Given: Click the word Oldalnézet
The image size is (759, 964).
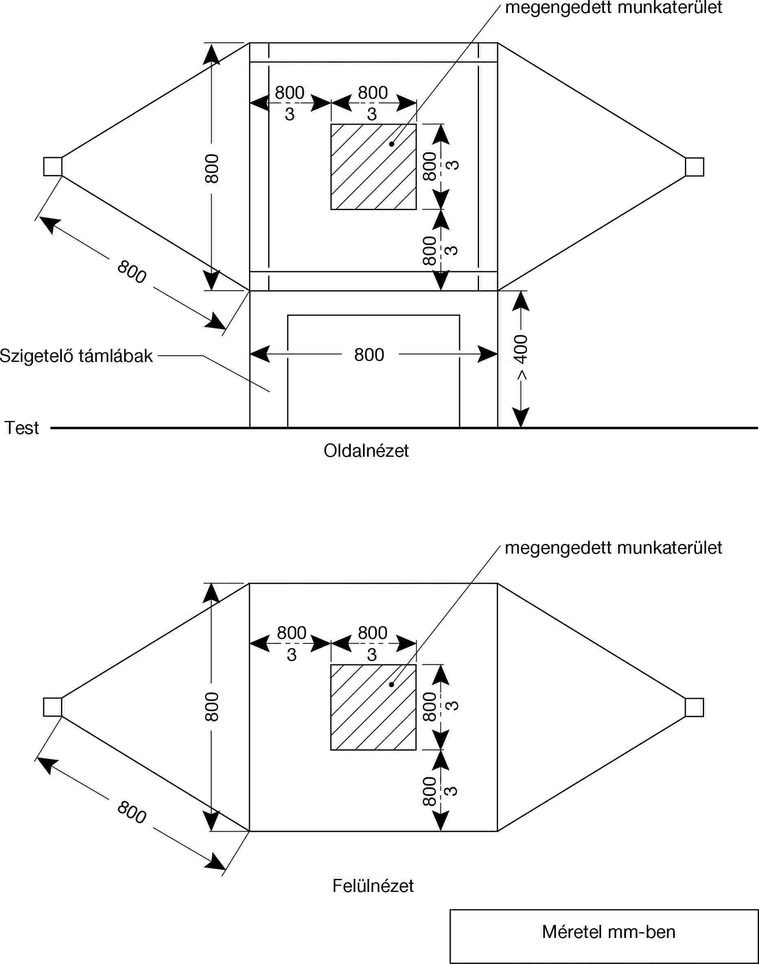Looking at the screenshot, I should tap(366, 451).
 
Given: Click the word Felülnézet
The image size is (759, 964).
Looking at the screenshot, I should tap(373, 886).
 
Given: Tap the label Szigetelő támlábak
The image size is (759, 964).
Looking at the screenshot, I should tap(77, 356).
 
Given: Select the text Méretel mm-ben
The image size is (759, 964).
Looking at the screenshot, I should tap(608, 932).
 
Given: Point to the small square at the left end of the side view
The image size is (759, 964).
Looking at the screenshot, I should tap(52, 167).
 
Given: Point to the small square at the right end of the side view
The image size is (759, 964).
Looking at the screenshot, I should tap(694, 167).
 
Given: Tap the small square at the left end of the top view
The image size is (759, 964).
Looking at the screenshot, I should tap(52, 707).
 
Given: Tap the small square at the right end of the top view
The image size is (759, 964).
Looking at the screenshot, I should tap(694, 707).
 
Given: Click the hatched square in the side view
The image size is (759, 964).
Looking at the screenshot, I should tap(373, 167).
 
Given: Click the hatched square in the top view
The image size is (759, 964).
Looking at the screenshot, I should tap(373, 707).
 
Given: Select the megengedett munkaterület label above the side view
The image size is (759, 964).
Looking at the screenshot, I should tap(613, 8).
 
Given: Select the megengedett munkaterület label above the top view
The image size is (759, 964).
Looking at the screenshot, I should tap(613, 548).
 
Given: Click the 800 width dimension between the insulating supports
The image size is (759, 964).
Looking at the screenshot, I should tap(369, 355).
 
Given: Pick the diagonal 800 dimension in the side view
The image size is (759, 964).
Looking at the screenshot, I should tap(131, 272).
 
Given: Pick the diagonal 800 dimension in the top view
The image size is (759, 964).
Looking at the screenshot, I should tap(131, 813).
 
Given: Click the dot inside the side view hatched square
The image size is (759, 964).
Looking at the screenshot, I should tap(392, 144).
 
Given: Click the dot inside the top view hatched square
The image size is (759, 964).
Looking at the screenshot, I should tap(392, 684).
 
